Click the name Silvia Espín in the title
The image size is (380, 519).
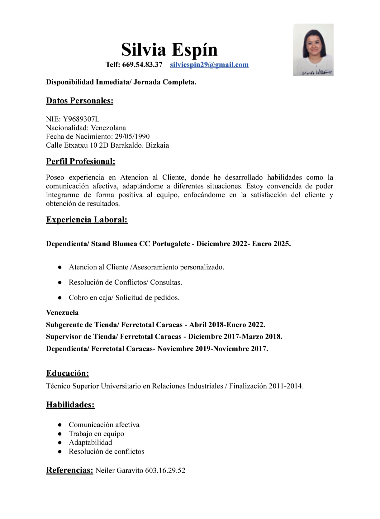coord(169,49)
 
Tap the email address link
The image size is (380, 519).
coord(209,64)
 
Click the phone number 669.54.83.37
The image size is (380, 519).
coord(142,64)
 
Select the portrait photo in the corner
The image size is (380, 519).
coord(313,50)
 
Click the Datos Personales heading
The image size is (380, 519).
coord(79,101)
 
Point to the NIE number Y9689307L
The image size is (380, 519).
coord(81,119)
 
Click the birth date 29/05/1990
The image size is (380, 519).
coord(132,136)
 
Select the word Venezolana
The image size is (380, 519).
coord(108,128)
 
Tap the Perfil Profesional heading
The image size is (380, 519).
coord(80,161)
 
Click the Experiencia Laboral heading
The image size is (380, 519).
coord(87,220)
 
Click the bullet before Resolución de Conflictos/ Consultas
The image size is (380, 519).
coord(59,282)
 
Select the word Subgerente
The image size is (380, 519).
coord(65,325)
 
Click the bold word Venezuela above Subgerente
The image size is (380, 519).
coord(62,312)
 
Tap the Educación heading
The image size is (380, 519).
coord(67,373)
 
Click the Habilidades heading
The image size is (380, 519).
coord(70,405)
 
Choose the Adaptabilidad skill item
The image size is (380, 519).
coord(90,442)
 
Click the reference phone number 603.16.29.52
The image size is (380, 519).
coord(165,470)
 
